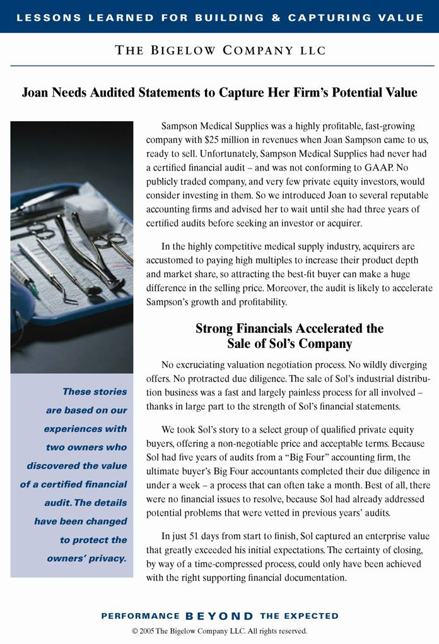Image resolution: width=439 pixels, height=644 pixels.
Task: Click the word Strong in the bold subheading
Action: coord(216,328)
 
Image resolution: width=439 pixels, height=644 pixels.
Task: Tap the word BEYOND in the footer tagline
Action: coord(220,616)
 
